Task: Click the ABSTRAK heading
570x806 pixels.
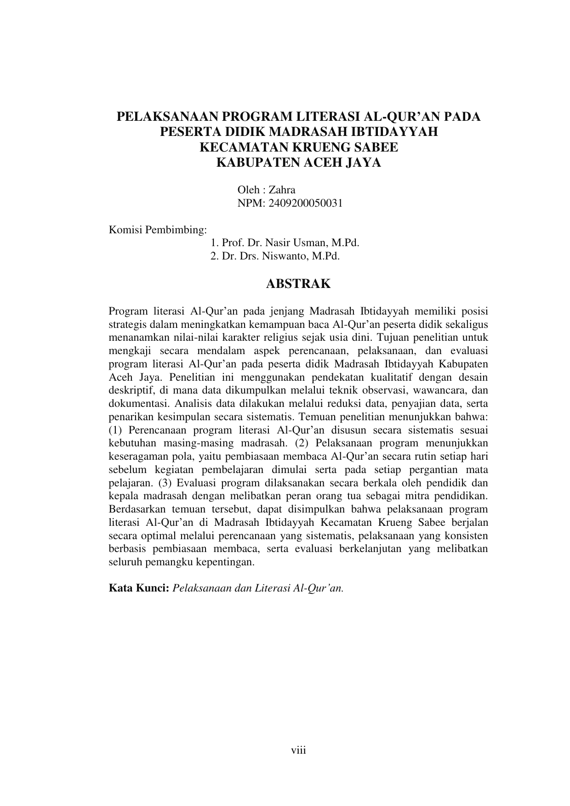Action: pyautogui.click(x=298, y=284)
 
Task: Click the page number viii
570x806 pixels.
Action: pyautogui.click(x=298, y=750)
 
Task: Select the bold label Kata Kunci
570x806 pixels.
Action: pyautogui.click(x=139, y=588)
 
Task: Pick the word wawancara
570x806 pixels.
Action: pyautogui.click(x=440, y=391)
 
